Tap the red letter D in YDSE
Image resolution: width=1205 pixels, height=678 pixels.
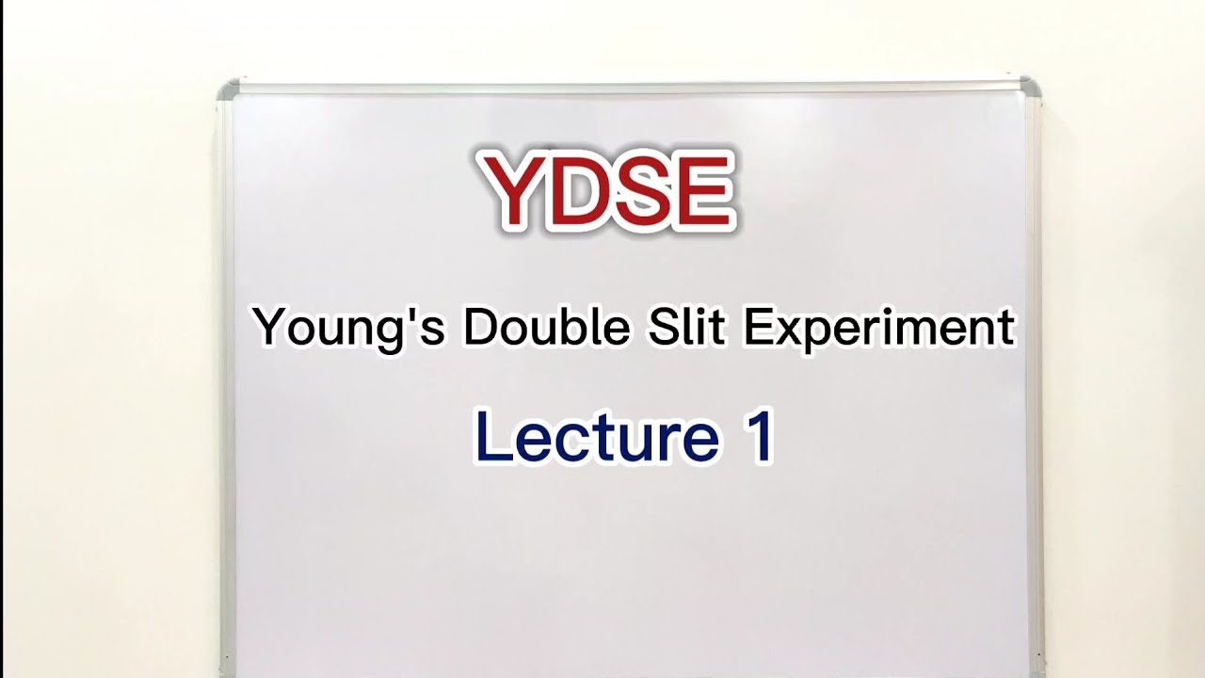click(x=575, y=191)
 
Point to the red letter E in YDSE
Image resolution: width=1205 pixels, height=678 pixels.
click(x=699, y=191)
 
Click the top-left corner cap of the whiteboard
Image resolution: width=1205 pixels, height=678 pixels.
click(x=229, y=90)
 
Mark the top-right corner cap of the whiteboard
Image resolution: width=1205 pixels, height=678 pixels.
click(x=1030, y=86)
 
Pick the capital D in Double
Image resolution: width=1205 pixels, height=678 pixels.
click(x=478, y=327)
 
